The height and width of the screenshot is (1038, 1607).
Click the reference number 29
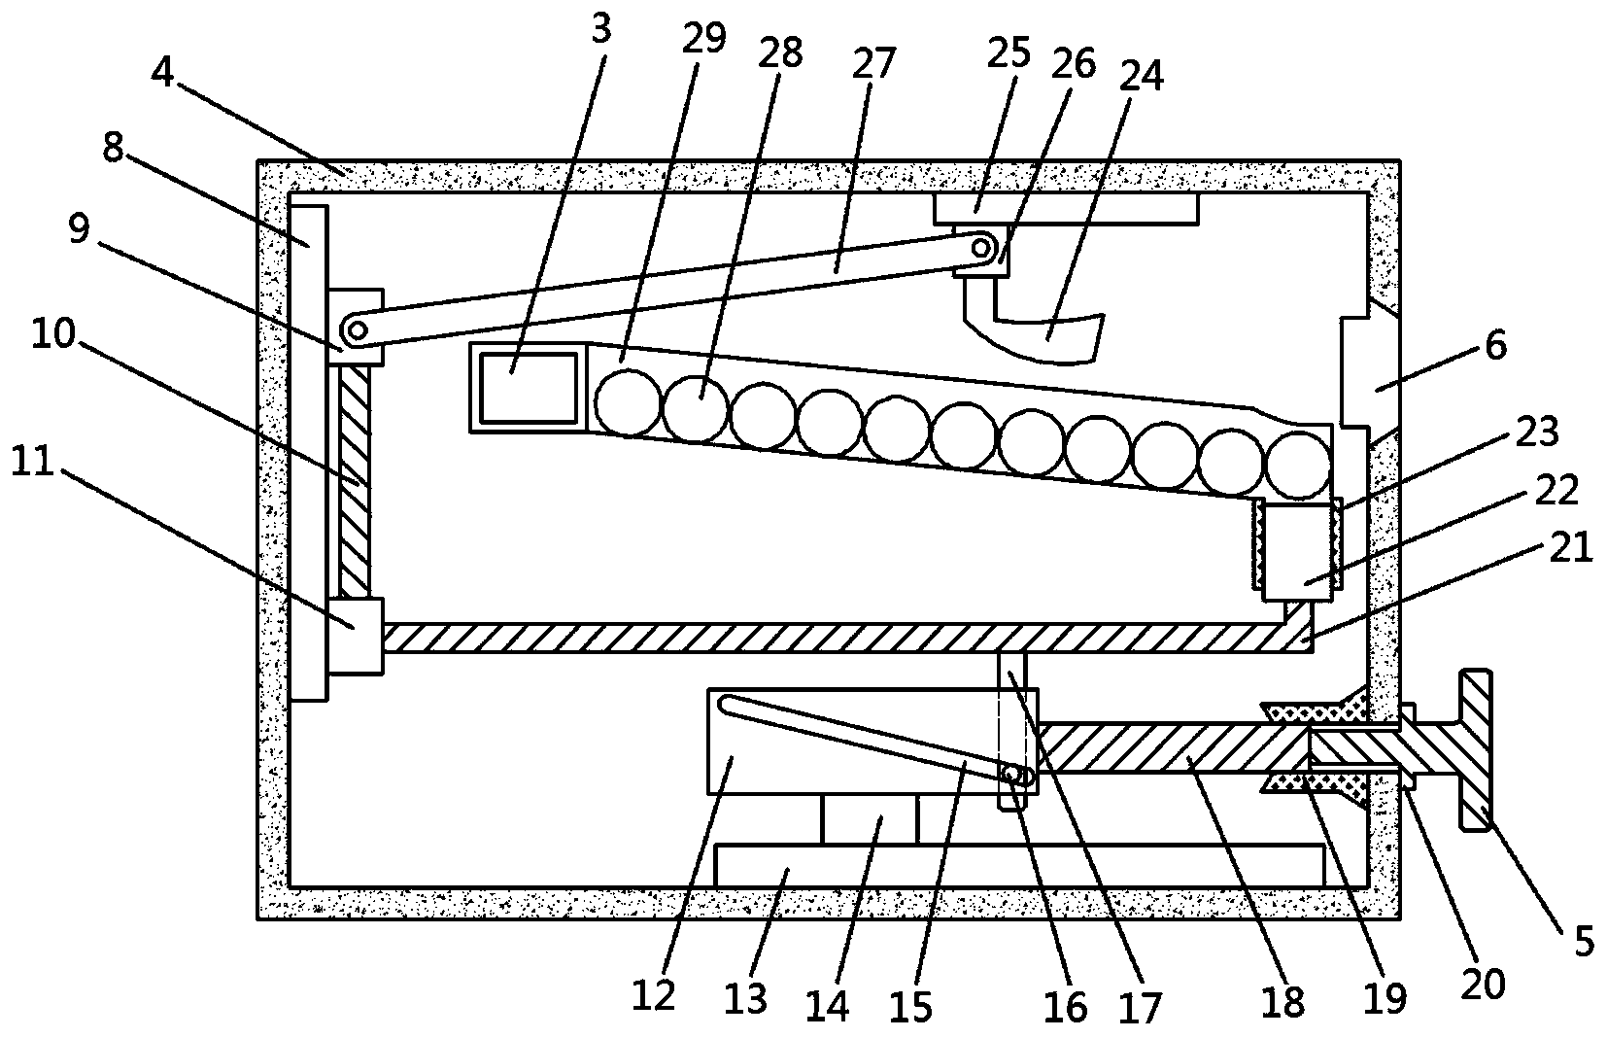click(703, 38)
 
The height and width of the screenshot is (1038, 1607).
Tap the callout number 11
click(33, 460)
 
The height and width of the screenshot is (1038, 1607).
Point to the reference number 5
click(1584, 941)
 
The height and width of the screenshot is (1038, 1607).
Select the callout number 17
click(1140, 1007)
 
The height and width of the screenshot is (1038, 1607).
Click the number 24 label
click(1142, 76)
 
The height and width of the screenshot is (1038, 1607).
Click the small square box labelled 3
click(529, 387)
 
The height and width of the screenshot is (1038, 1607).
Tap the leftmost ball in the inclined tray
click(628, 402)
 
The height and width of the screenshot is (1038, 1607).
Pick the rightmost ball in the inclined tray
click(1298, 463)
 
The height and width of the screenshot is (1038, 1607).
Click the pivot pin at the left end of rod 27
click(357, 330)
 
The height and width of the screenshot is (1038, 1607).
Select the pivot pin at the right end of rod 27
click(980, 249)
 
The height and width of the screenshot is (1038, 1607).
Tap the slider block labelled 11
click(356, 636)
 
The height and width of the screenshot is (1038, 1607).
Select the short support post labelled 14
click(869, 819)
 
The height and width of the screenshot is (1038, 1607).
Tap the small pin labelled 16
click(1012, 775)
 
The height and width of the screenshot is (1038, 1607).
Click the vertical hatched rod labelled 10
click(356, 481)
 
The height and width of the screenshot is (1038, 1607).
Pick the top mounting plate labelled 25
click(1066, 208)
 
